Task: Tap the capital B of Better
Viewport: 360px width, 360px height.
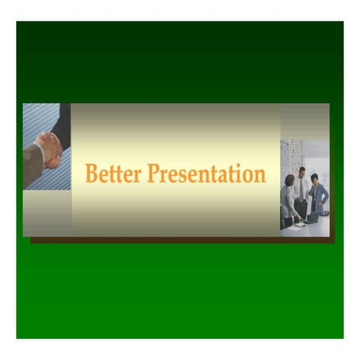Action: pyautogui.click(x=92, y=173)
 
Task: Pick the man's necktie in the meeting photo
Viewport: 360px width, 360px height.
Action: pyautogui.click(x=302, y=188)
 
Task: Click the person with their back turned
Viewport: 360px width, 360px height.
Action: pyautogui.click(x=289, y=200)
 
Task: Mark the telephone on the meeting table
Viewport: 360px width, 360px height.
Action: pyautogui.click(x=324, y=214)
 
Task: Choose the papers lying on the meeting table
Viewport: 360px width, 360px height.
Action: pyautogui.click(x=298, y=225)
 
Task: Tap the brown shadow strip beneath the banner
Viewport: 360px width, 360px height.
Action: pyautogui.click(x=182, y=239)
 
